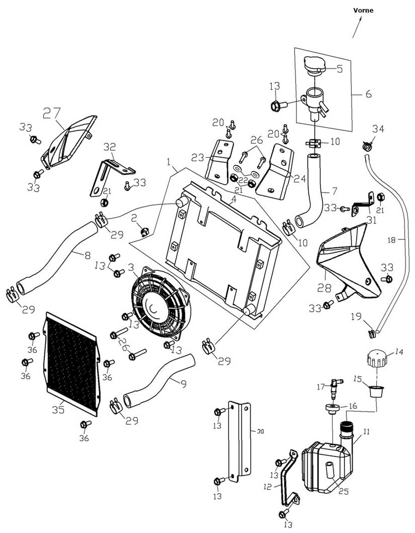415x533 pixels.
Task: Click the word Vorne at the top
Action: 363,10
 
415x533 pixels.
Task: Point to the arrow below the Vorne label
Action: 357,29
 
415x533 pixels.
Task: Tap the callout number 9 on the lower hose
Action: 184,382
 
